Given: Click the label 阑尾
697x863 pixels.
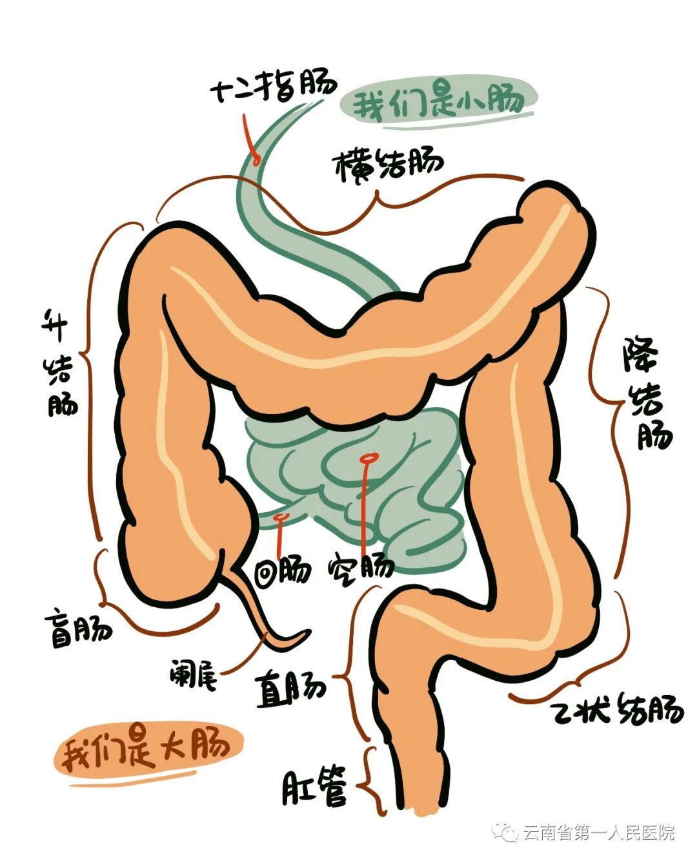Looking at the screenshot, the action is (193, 674).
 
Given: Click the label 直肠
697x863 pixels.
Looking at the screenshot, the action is (290, 689).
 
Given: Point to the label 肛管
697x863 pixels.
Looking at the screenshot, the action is (314, 786).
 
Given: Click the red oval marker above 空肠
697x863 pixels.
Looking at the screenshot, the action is (369, 458).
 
